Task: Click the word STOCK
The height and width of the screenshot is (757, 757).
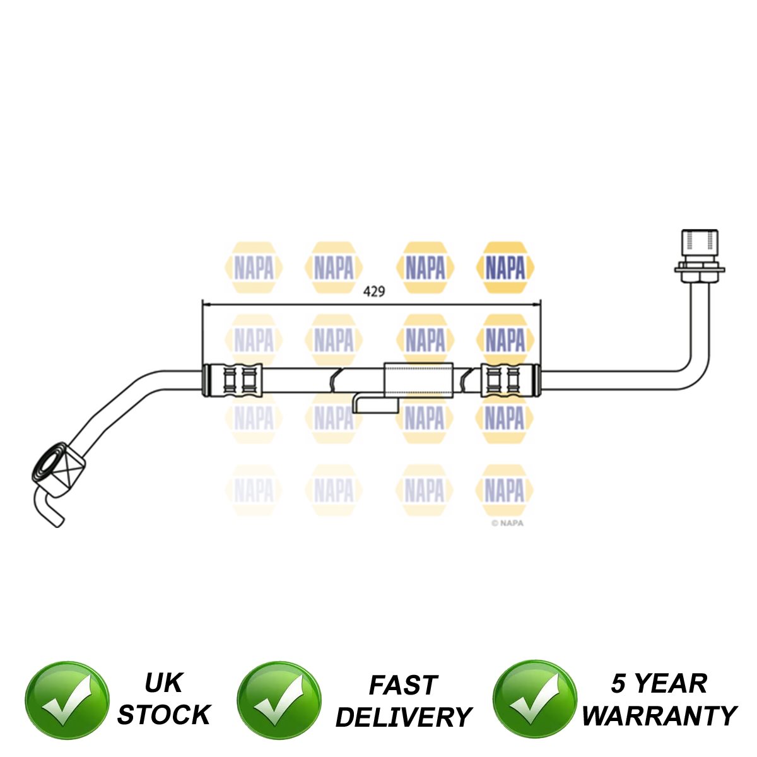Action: click(x=163, y=715)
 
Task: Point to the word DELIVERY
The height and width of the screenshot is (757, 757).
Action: click(x=404, y=717)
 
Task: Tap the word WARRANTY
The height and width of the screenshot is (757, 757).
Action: click(x=659, y=715)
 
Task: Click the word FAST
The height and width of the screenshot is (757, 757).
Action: click(x=403, y=684)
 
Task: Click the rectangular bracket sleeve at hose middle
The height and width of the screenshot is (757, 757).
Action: click(x=419, y=379)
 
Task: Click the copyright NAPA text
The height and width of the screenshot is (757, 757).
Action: click(x=508, y=522)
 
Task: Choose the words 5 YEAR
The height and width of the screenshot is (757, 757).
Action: click(x=659, y=684)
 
